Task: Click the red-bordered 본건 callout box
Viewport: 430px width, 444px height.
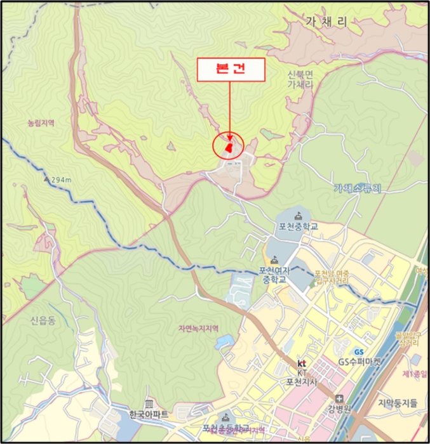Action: tap(231, 70)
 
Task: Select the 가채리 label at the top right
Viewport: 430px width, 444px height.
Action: tap(326, 22)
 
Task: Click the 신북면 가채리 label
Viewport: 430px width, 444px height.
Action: tap(300, 79)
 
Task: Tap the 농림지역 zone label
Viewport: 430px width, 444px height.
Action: tap(41, 123)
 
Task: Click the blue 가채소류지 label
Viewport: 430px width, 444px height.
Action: tap(358, 188)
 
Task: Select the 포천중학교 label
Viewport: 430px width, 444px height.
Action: tap(297, 226)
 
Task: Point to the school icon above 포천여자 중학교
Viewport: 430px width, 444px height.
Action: tap(274, 259)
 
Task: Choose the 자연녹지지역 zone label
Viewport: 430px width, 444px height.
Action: tap(198, 329)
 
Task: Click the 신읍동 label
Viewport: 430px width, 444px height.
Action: tap(43, 320)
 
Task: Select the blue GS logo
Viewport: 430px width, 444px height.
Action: tap(359, 352)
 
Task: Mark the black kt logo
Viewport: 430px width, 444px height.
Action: tap(302, 363)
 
